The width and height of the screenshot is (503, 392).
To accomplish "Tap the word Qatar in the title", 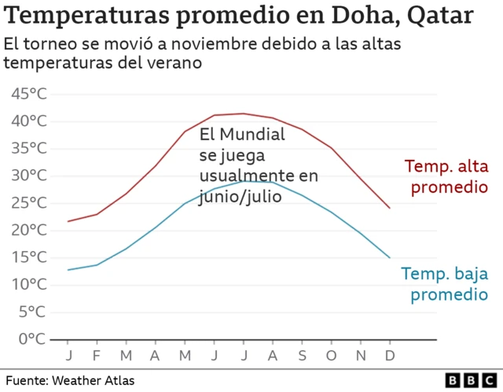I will click(x=442, y=15).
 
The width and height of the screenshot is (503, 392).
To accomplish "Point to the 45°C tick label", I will click(x=29, y=94).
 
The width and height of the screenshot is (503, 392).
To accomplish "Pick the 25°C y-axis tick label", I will click(x=29, y=202).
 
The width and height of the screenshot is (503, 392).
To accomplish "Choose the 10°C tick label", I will click(x=29, y=284).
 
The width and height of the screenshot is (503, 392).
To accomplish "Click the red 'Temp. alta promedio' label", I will click(x=446, y=177).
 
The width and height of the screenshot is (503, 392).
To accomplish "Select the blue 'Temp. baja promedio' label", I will click(x=444, y=285).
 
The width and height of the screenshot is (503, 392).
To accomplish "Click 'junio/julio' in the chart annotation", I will click(x=240, y=196).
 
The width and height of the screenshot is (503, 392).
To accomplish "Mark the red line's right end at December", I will click(x=389, y=208).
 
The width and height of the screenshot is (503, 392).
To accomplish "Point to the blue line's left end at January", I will click(x=68, y=270).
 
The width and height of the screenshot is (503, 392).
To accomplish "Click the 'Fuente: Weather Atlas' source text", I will click(x=70, y=381).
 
